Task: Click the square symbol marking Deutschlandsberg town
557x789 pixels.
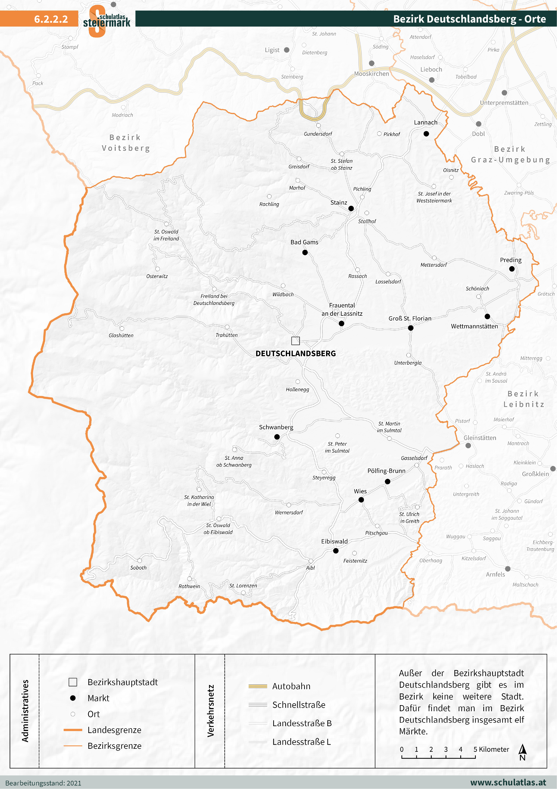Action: (295, 341)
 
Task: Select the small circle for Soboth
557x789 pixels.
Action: (140, 561)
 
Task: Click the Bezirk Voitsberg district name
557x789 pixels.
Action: (125, 143)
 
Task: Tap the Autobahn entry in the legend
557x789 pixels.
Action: (291, 686)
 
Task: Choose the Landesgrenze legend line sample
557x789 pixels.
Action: (73, 730)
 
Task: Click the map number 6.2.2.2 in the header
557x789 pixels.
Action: (51, 19)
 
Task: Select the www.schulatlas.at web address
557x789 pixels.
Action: (508, 782)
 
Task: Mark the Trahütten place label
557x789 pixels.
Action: (227, 335)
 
